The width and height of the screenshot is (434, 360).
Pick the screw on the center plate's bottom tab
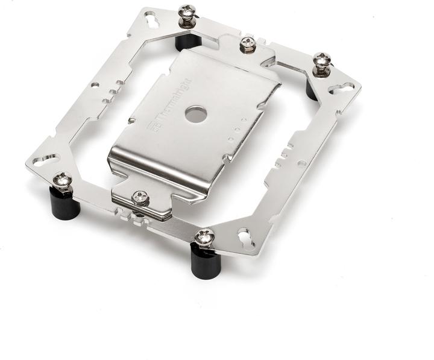(x=140, y=197)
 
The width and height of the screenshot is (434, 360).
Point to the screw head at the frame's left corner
(x=62, y=179)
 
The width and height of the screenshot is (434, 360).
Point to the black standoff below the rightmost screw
(x=315, y=89)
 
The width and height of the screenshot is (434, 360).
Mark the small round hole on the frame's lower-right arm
(x=297, y=163)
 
